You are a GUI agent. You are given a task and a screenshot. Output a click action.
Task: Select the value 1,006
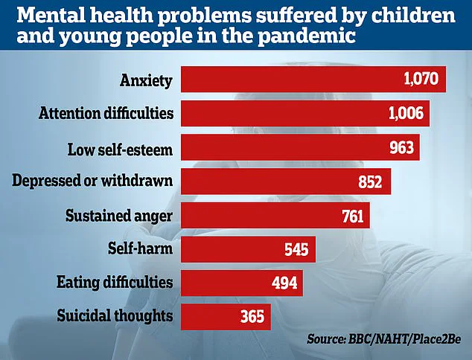point(407,114)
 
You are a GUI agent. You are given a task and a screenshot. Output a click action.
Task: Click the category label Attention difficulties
point(105,114)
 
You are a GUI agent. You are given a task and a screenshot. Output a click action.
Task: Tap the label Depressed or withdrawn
point(94,181)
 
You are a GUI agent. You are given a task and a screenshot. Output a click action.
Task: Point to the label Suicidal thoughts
point(115,316)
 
